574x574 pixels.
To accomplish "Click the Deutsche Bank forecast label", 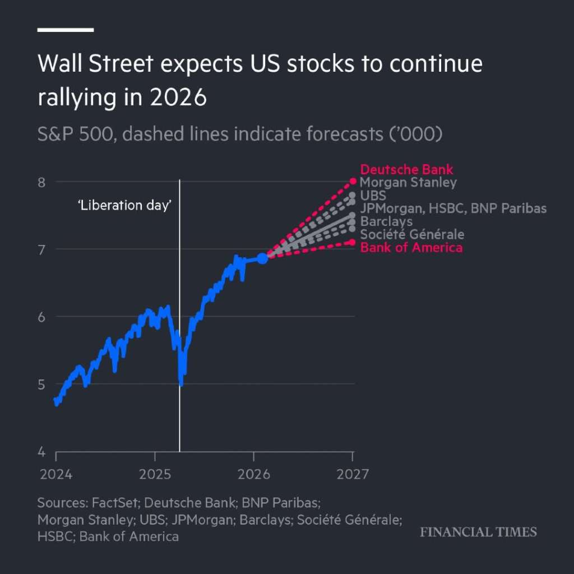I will pos(406,169).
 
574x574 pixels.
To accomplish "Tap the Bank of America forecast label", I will pos(411,247).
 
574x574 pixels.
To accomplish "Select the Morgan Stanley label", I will pos(408,182).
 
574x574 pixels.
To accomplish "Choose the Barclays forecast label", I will pos(386,221).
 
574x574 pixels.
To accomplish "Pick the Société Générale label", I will pos(412,234).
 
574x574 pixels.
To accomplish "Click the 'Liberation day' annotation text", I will pos(124,205).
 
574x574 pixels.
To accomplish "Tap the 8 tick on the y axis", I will pos(41,182).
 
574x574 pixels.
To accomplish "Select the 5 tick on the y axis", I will pos(41,384).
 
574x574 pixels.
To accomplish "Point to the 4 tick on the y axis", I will pos(41,452).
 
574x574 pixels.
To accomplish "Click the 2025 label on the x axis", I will pos(155,475).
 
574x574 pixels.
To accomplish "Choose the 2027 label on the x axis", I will pos(353,475).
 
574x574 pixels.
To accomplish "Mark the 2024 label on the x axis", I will pos(56,475).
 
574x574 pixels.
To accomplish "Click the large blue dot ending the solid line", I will pos(262,258).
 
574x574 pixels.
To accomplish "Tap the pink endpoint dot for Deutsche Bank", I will pos(353,181).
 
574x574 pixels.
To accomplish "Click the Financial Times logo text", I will pos(478,532).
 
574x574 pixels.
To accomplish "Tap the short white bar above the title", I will pos(65,30).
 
